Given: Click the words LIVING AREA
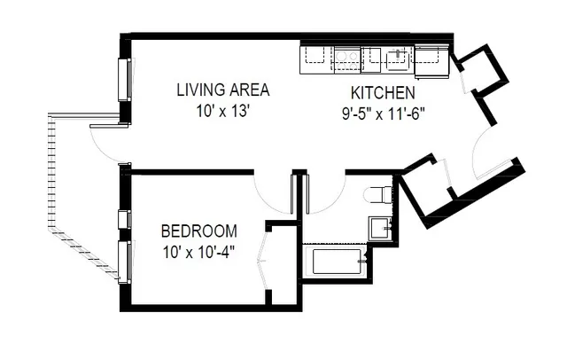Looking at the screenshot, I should coord(222,90).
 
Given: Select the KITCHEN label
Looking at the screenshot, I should coord(383,93).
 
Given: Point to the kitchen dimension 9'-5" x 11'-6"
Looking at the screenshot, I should coord(383,113).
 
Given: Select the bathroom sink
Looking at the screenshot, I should coord(381,226).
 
